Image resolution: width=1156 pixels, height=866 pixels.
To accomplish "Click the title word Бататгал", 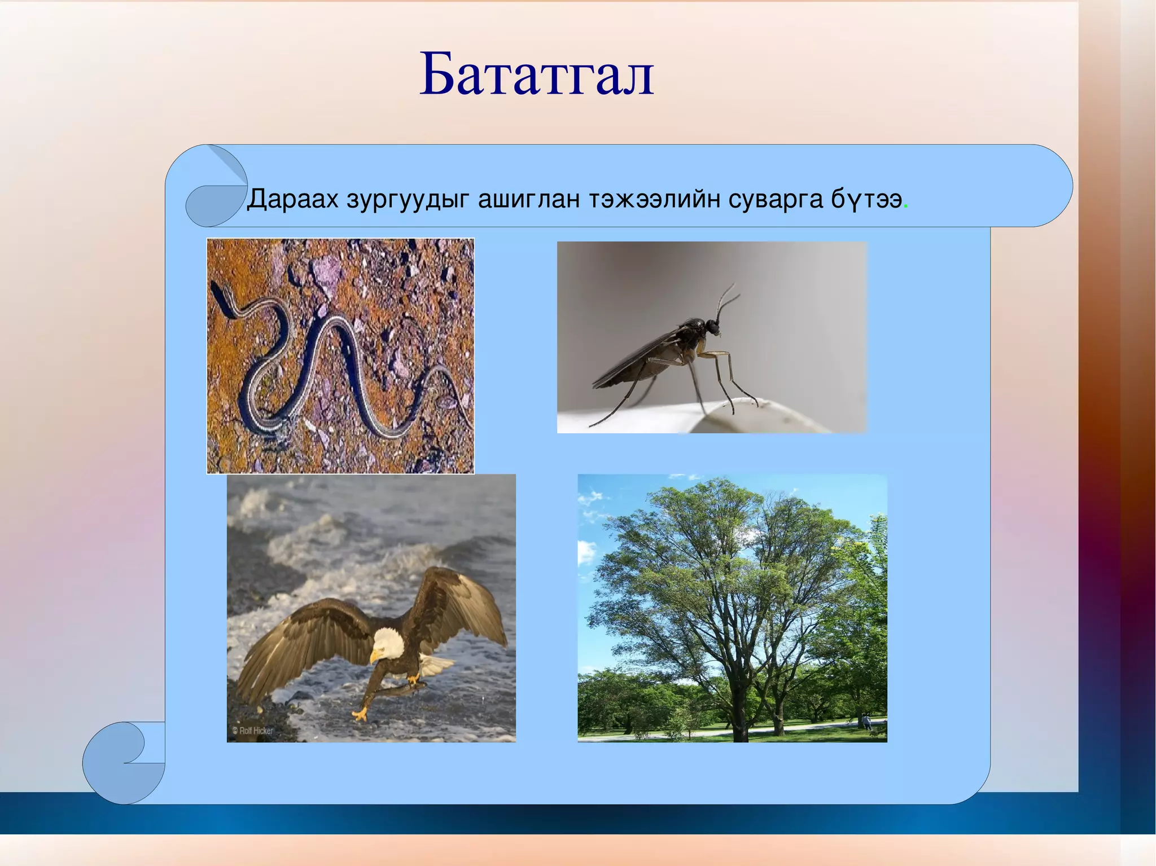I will point(536,75).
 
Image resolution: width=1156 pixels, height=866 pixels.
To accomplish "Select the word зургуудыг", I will point(408,199).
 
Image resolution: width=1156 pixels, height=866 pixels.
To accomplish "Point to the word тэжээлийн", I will point(654,199).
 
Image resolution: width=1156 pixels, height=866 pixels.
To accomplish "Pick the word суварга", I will point(776,199).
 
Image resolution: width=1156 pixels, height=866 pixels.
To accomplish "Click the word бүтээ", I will point(866,199).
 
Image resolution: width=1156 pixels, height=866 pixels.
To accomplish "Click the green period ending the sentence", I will point(906,206).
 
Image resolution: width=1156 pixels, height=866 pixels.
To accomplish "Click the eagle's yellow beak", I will point(374,656).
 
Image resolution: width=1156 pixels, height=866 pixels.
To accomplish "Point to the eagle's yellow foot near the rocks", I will point(359,715).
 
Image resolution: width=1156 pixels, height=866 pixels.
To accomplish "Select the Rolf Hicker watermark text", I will point(252,731).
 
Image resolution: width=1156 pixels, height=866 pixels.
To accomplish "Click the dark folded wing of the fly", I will point(632,361).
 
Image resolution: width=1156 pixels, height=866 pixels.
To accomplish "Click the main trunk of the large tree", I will point(739,711).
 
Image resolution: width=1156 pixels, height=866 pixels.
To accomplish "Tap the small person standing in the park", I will point(865,720).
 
